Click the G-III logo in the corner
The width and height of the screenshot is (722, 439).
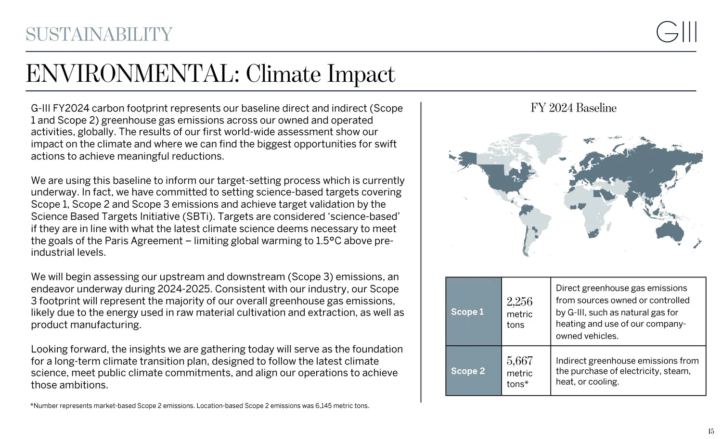(x=676, y=32)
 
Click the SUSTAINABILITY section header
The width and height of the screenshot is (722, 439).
(x=99, y=35)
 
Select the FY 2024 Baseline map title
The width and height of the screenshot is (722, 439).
(x=573, y=108)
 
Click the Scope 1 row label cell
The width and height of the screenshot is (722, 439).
(x=473, y=312)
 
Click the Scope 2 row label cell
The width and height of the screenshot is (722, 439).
(x=473, y=371)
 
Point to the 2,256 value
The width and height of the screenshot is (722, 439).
(x=519, y=302)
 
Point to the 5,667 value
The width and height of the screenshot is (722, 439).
(x=519, y=361)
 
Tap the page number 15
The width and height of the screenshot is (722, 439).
(x=711, y=431)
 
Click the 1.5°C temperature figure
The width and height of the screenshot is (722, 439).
(x=329, y=241)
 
